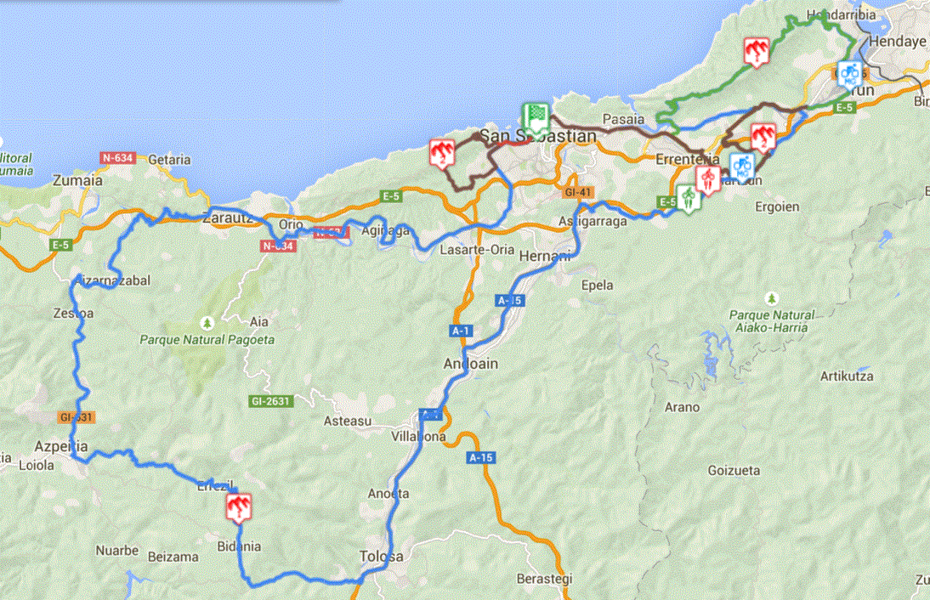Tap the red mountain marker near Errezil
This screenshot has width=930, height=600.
(239, 507)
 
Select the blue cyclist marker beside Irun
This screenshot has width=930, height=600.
(848, 75)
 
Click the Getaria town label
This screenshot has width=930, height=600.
(169, 159)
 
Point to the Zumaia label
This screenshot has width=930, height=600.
(77, 180)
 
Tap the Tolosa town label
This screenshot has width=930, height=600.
(381, 557)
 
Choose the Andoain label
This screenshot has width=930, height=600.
(470, 363)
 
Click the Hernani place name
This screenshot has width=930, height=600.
(540, 256)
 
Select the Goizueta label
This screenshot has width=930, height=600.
(734, 470)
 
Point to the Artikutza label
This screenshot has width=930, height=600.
(847, 376)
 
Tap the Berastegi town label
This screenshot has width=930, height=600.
(544, 579)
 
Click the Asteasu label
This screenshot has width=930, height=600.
(349, 420)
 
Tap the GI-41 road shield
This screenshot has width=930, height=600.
(576, 193)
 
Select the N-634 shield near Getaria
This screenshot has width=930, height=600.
(117, 157)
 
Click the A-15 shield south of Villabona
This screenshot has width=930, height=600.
(480, 457)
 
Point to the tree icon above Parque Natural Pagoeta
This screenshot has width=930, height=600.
(206, 323)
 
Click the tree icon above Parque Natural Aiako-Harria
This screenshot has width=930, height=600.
(771, 298)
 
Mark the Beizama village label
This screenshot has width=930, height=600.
(173, 557)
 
